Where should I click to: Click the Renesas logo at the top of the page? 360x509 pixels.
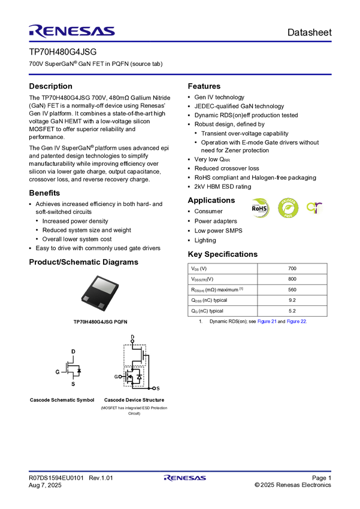pyautogui.click(x=72, y=31)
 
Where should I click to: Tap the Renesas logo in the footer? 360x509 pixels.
pyautogui.click(x=185, y=478)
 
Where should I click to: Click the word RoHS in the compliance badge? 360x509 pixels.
pyautogui.click(x=259, y=208)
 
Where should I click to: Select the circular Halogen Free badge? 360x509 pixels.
pyautogui.click(x=287, y=208)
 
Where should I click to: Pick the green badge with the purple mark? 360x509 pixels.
pyautogui.click(x=315, y=208)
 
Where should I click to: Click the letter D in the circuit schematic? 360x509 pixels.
pyautogui.click(x=132, y=336)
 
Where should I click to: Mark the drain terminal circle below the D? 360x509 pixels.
pyautogui.click(x=132, y=341)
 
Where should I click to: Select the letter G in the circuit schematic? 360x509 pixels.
pyautogui.click(x=116, y=377)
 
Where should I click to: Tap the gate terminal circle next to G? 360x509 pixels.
pyautogui.click(x=122, y=377)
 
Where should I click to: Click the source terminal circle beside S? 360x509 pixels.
pyautogui.click(x=153, y=389)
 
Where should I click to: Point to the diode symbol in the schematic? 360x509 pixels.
pyautogui.click(x=140, y=377)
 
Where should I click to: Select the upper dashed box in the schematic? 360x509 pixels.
pyautogui.click(x=135, y=355)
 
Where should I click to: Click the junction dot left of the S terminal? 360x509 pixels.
pyautogui.click(x=148, y=389)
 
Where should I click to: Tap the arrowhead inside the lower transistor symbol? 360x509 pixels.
pyautogui.click(x=131, y=377)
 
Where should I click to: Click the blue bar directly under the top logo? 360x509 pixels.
pyautogui.click(x=180, y=42)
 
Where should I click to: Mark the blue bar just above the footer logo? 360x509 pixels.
pyautogui.click(x=180, y=471)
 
